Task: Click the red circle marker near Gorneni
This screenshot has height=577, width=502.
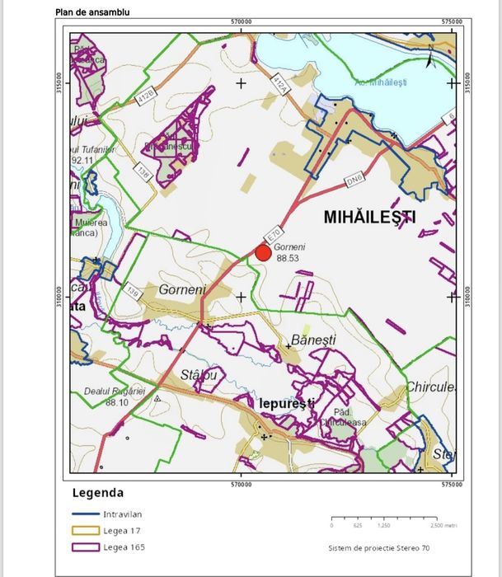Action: pyautogui.click(x=263, y=253)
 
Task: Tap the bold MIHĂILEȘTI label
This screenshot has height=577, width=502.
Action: pyautogui.click(x=370, y=218)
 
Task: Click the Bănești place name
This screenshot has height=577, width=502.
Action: pyautogui.click(x=313, y=340)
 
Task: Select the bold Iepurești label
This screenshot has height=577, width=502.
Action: pyautogui.click(x=283, y=404)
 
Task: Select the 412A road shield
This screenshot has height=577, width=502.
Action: pyautogui.click(x=280, y=84)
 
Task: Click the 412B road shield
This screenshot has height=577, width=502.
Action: pyautogui.click(x=145, y=97)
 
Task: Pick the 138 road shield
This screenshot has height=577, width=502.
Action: pyautogui.click(x=143, y=172)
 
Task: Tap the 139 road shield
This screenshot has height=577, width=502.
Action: pyautogui.click(x=132, y=290)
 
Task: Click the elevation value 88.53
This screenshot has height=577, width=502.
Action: pyautogui.click(x=287, y=258)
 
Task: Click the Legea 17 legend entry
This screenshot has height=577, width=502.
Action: pyautogui.click(x=120, y=530)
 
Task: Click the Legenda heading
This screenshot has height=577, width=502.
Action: pyautogui.click(x=99, y=494)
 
